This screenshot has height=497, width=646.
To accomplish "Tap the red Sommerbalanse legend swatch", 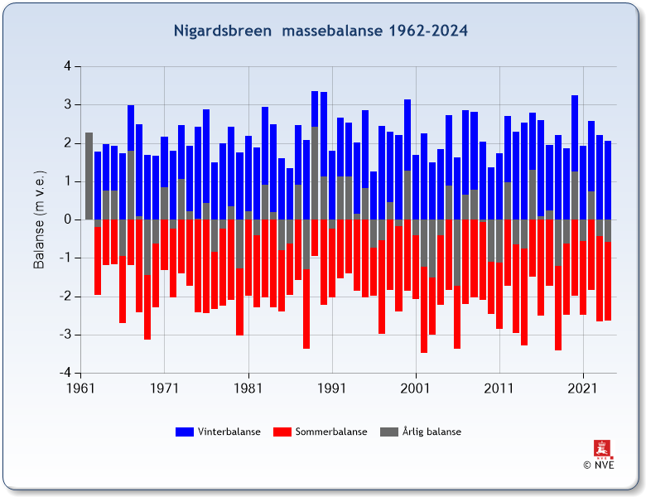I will coord(282,432).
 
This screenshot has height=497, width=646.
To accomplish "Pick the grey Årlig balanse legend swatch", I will coord(388,432).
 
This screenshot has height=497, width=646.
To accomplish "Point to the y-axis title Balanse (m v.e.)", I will coord(39,220).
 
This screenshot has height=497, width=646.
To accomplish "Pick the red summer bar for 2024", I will coord(608,282).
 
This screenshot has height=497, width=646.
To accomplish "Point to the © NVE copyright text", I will coord(599,465).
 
